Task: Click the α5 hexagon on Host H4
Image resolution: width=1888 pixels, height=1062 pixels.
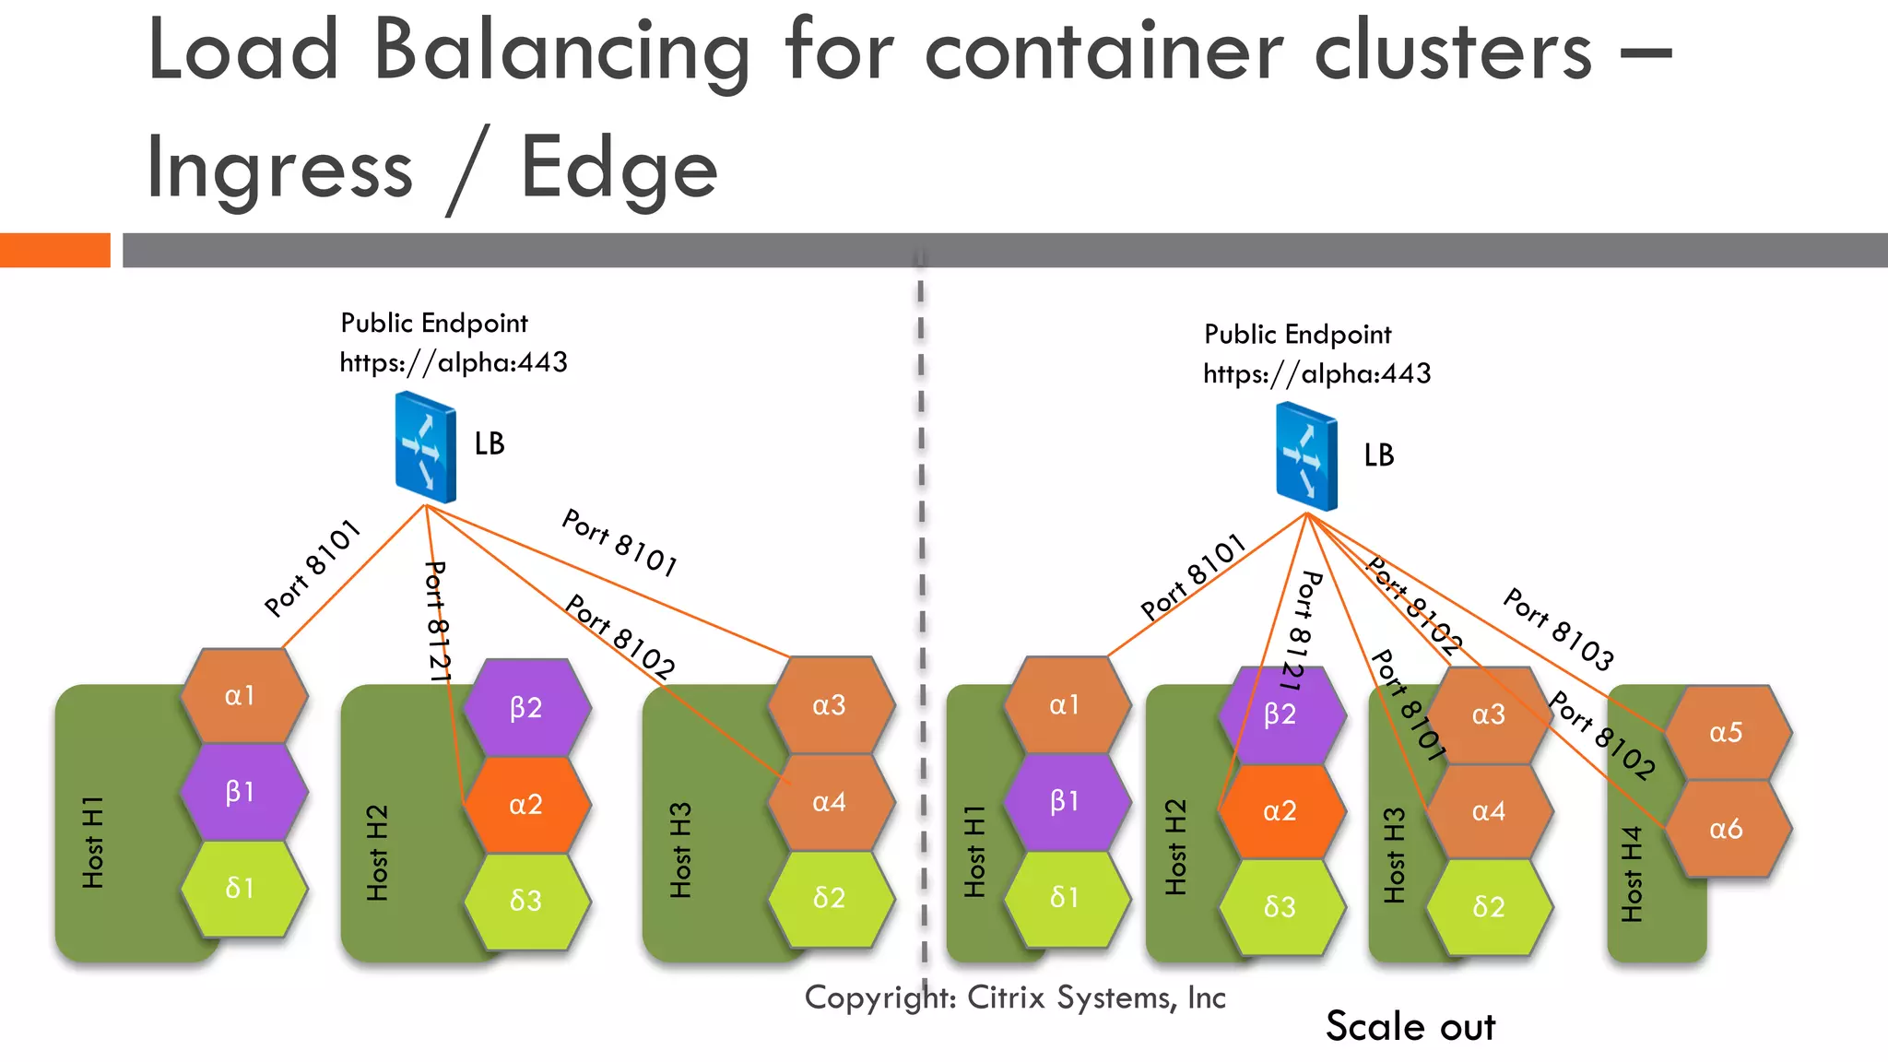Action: pos(1727,733)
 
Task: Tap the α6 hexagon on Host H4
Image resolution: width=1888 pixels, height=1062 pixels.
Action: pos(1727,829)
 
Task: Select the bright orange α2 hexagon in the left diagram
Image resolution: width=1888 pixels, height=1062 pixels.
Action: pos(526,805)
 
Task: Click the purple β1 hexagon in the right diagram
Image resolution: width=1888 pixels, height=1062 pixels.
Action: pos(1065,801)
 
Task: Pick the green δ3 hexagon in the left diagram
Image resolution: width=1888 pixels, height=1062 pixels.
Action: pos(526,901)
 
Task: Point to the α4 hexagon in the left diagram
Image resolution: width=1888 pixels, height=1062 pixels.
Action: pos(830,802)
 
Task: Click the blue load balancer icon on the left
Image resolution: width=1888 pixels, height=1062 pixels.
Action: pos(425,447)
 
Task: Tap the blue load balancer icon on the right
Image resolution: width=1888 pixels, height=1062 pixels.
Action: pos(1306,457)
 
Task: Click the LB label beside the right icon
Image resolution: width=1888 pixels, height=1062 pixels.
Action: pos(1379,455)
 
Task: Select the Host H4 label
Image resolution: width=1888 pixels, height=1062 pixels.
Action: pos(1632,873)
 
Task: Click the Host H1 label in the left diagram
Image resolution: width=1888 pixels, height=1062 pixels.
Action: pos(93,843)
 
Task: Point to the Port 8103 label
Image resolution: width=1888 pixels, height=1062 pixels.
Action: pos(1559,630)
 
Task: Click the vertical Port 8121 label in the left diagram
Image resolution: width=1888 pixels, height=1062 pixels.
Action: pos(437,622)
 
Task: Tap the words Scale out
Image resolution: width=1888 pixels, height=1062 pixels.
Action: pos(1410,1026)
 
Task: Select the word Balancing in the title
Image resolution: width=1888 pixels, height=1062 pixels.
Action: pos(561,52)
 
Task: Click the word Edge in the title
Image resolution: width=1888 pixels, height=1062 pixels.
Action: pos(619,170)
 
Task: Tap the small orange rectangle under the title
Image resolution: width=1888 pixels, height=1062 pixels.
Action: pos(54,250)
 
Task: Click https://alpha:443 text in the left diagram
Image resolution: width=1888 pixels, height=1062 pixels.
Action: pos(454,362)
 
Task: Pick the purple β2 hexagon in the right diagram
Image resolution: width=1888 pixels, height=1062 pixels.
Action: pos(1280,714)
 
